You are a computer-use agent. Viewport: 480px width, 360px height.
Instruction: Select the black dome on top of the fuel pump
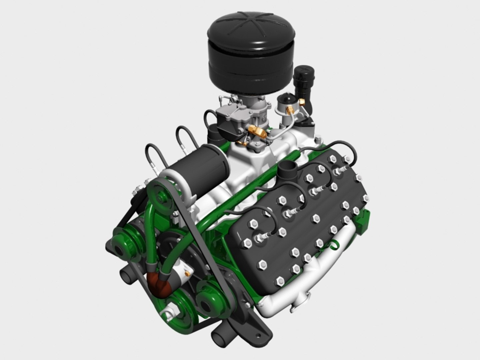click(285, 97)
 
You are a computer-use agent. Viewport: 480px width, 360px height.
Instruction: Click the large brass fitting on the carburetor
click(258, 133)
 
